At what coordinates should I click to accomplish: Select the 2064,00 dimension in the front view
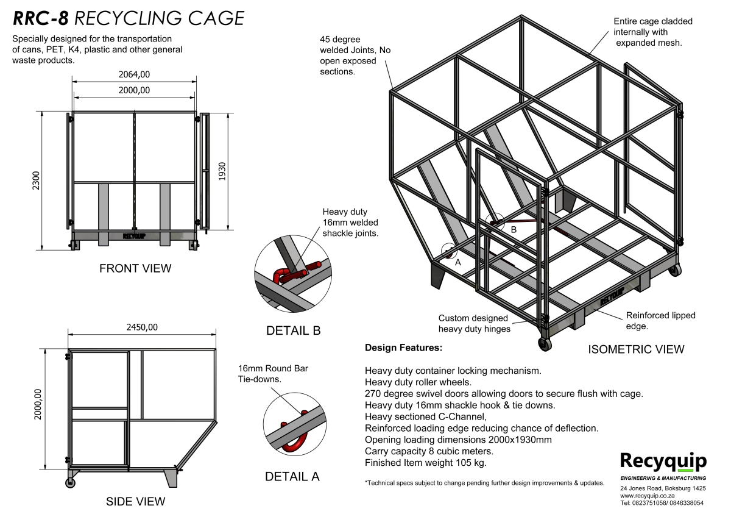[134, 74]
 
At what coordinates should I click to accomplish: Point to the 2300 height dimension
[36, 180]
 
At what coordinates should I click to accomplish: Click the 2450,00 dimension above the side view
[142, 327]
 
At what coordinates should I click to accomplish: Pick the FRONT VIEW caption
[135, 268]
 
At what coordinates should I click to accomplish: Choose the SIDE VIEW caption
[135, 502]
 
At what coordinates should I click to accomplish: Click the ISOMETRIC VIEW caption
[636, 349]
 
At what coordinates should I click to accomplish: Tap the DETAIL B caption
[293, 331]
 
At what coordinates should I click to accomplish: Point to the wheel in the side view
[71, 483]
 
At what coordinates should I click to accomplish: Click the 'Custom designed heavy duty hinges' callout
[473, 324]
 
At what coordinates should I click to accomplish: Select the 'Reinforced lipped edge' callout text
[660, 321]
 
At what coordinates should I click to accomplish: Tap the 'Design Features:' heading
[403, 348]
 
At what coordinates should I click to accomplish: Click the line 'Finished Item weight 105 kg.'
[425, 463]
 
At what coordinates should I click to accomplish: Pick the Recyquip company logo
[663, 462]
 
